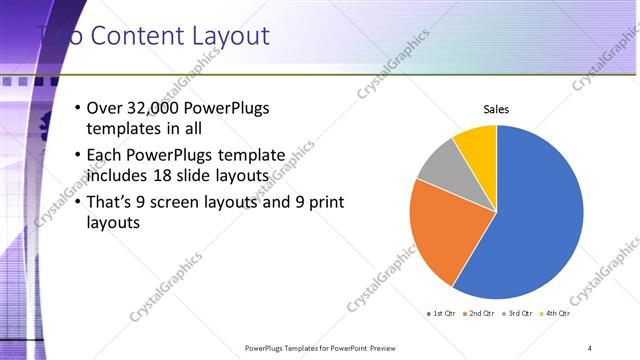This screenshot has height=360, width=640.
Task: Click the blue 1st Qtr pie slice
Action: [x=540, y=220]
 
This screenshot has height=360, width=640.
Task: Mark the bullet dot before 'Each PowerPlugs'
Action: [x=79, y=156]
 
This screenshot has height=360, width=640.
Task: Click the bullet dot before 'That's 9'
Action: [x=79, y=202]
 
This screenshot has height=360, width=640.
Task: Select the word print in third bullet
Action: [x=323, y=202]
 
